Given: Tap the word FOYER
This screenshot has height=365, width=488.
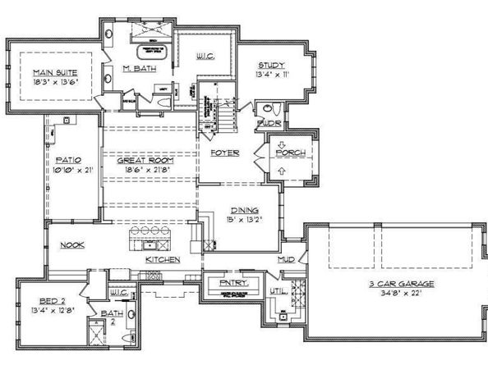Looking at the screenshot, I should click(x=224, y=153).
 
